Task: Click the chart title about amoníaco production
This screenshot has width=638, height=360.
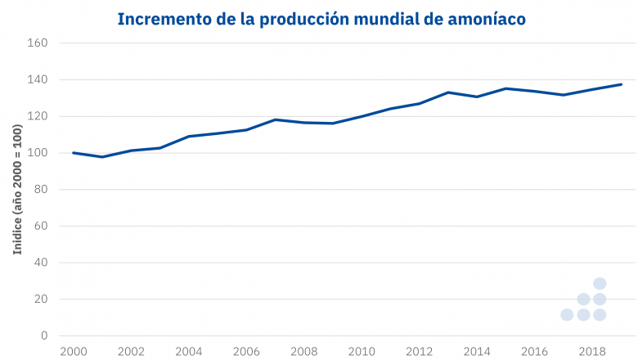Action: point(321,18)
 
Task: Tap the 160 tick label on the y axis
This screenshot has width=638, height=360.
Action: point(39,43)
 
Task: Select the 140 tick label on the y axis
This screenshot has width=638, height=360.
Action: point(39,79)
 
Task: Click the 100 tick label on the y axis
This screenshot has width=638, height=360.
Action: point(39,153)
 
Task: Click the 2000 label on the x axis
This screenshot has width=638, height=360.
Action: point(74,352)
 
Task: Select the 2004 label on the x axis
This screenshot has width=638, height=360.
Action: point(189,352)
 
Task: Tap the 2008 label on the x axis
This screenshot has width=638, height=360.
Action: point(304,352)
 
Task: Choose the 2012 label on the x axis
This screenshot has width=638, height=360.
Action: point(420,352)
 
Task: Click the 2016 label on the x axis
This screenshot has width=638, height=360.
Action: point(535,352)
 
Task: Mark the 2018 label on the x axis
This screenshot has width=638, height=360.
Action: point(592,352)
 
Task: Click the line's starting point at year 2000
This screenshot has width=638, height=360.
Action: point(74,153)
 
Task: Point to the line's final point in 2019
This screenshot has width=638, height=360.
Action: point(622,84)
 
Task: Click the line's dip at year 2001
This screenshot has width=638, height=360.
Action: point(102,156)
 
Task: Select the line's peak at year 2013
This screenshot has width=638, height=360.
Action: point(448,92)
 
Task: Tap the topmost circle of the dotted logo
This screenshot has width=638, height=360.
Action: point(599,284)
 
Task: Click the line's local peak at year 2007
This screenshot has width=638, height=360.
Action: point(276,119)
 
